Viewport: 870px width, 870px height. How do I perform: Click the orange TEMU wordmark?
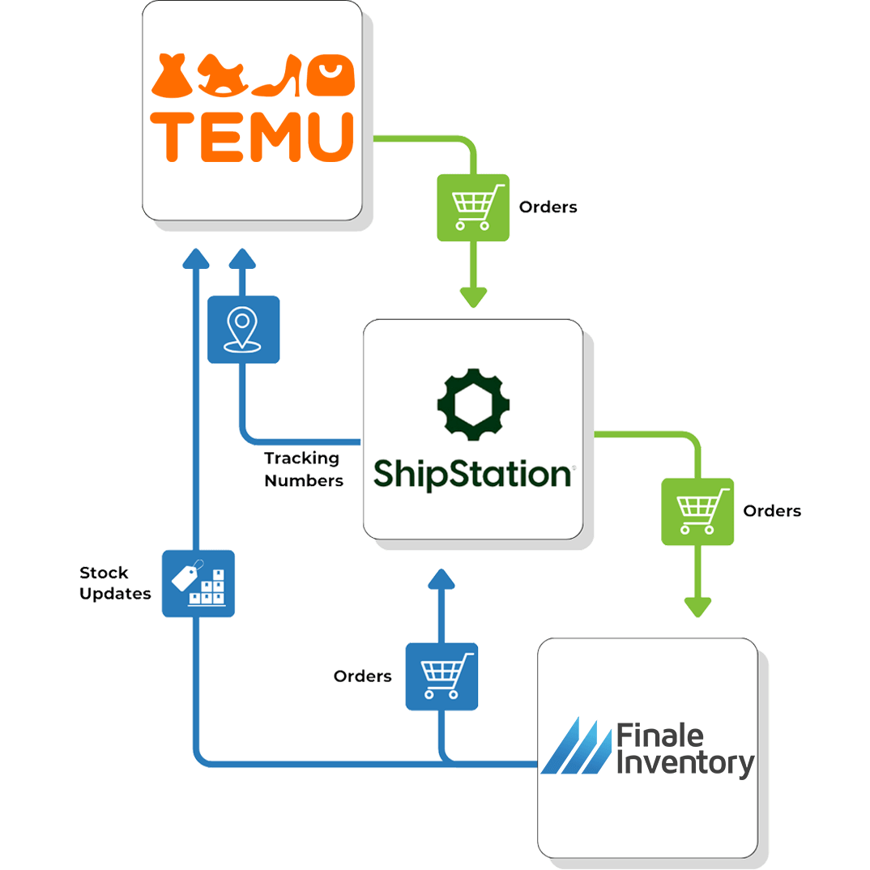click(253, 136)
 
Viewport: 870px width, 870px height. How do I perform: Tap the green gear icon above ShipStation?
click(472, 403)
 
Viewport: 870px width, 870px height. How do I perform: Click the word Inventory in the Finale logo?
click(684, 763)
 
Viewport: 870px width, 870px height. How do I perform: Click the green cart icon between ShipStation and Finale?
click(697, 511)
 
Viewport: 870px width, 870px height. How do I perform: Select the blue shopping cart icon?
click(441, 676)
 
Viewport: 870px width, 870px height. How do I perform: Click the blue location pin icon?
click(243, 330)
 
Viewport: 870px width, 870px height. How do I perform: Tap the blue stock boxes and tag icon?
click(198, 583)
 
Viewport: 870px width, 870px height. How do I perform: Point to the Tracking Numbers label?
click(303, 470)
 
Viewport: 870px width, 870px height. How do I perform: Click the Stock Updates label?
click(115, 583)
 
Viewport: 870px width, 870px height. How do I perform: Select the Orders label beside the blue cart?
click(362, 676)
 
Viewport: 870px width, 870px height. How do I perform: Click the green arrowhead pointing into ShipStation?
click(473, 296)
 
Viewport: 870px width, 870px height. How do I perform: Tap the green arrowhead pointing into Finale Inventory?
click(697, 606)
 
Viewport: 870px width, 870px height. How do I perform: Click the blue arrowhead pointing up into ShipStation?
click(441, 578)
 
